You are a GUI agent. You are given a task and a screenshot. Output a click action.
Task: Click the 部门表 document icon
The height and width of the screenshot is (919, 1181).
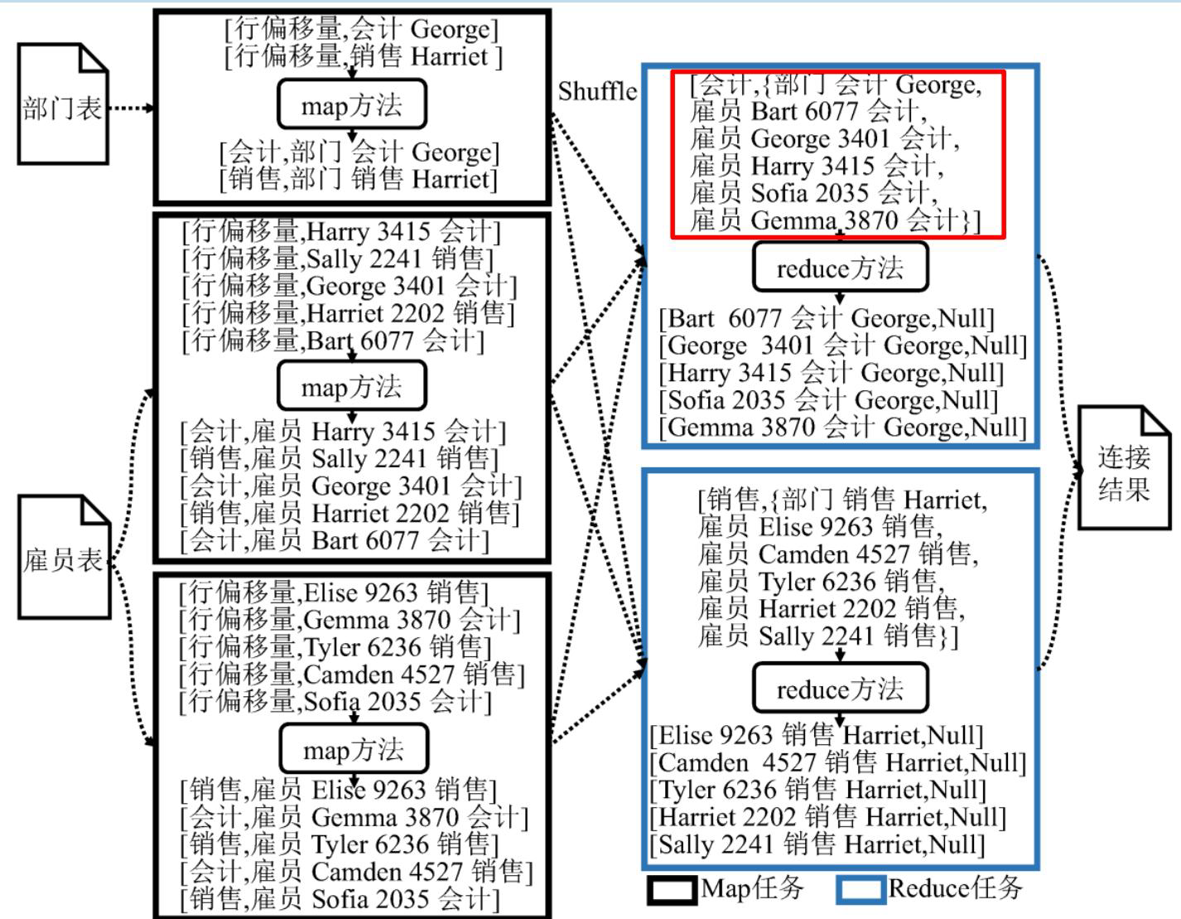(x=63, y=104)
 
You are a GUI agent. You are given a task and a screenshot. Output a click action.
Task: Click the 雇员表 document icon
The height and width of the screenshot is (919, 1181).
(x=64, y=557)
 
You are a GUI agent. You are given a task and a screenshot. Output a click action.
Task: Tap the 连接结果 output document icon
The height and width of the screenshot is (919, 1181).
(x=1124, y=467)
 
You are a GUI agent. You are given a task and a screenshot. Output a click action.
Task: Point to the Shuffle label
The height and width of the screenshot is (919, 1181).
(x=597, y=91)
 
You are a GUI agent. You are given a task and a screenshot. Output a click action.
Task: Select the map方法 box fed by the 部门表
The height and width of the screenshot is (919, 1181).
(x=352, y=104)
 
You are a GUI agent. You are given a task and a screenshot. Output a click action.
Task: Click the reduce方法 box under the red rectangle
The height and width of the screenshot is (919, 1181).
(x=841, y=267)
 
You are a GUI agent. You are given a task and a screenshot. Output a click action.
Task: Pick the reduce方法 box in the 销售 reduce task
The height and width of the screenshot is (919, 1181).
(x=841, y=688)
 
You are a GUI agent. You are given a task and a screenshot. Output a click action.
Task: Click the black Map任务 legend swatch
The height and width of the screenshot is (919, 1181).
(x=672, y=890)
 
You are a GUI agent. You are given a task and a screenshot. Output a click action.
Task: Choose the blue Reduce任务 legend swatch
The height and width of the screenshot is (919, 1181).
(x=860, y=890)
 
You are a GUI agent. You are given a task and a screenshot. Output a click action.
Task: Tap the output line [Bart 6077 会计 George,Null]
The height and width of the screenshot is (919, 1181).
(x=827, y=319)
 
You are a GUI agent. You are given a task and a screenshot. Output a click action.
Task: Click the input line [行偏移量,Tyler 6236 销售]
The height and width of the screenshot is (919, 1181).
(x=335, y=648)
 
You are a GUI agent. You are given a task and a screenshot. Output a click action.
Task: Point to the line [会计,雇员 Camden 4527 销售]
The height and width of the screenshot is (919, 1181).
(x=356, y=873)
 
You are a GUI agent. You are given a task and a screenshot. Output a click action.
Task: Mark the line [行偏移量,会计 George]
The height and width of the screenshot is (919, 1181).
(x=361, y=29)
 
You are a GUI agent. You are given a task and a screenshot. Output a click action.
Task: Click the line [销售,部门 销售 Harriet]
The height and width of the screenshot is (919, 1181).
(x=359, y=180)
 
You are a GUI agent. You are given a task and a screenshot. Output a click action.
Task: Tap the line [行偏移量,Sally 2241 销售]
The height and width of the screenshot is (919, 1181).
(x=338, y=259)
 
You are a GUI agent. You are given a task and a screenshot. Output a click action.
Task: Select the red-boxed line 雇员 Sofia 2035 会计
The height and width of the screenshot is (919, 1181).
(x=813, y=194)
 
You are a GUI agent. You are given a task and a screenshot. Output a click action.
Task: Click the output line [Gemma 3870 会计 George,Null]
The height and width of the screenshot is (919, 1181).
(x=843, y=428)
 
